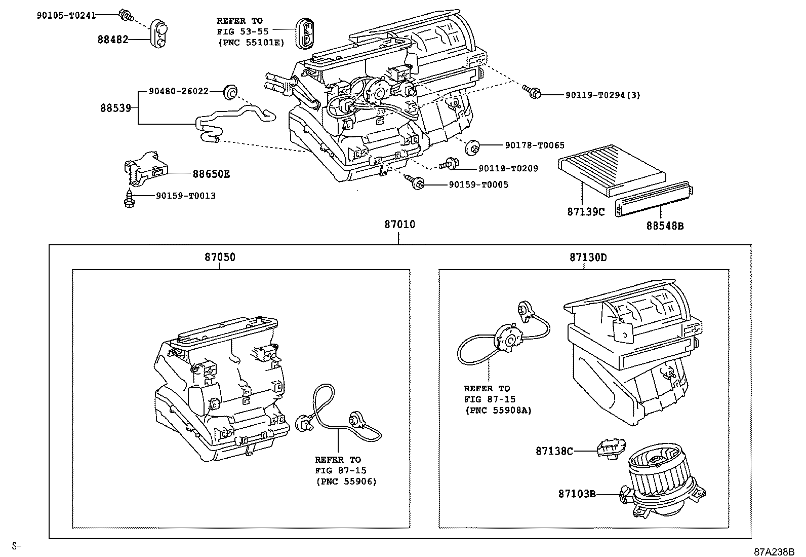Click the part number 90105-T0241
pos(66,16)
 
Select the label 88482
pos(113,39)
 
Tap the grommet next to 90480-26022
pos(230,92)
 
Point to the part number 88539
pos(115,108)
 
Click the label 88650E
pos(211,174)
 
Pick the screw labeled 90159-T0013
pos(129,199)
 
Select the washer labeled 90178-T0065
pos(472,147)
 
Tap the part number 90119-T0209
pos(508,169)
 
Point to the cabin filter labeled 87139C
pos(612,170)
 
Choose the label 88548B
pos(665,226)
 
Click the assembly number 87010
pos(399,224)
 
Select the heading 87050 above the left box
pos(220,257)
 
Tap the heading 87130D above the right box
pos(588,257)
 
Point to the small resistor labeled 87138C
pos(611,449)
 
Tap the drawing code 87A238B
pos(774,551)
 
